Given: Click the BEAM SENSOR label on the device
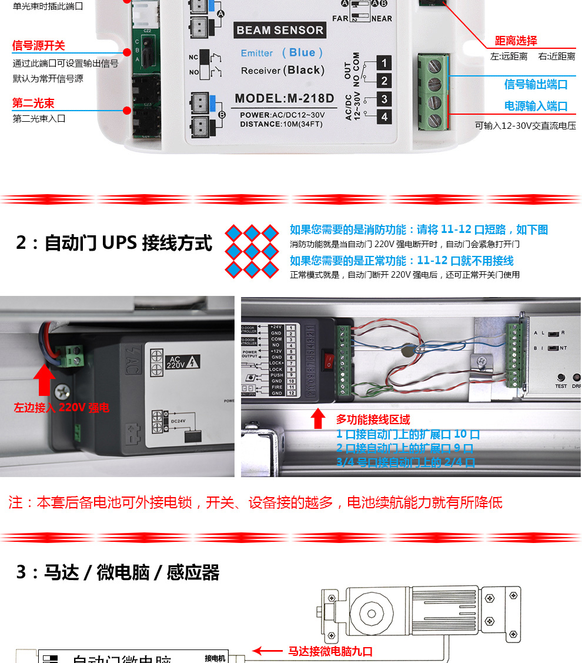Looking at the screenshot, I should pos(280,30).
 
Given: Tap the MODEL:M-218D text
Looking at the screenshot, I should pos(284,98).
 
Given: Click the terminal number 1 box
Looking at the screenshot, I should pos(384,63).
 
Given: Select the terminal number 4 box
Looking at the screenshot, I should pos(384,116).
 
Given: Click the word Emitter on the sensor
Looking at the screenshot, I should pos(257,53).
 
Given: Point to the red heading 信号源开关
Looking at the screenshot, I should pos(39,46).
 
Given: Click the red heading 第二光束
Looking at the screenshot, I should pos(34,104).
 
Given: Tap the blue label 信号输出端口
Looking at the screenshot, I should pos(536,84).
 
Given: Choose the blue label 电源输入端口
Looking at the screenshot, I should pos(536,106).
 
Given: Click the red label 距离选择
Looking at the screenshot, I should pos(516,41).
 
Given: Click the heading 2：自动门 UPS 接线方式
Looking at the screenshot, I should pos(114,242).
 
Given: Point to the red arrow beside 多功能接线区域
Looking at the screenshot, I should pos(318,419).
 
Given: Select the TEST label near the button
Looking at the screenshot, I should pos(561,386).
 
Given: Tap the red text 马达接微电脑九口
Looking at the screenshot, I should pos(330,651).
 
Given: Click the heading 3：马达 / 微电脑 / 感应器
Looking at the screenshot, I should pos(118,572).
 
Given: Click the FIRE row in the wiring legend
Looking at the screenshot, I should pos(276,387).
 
